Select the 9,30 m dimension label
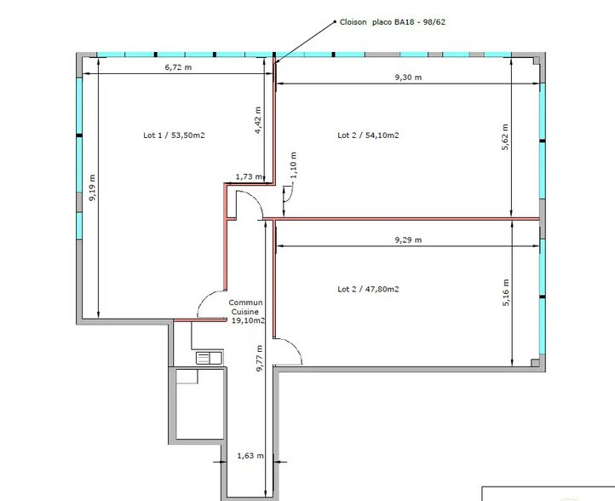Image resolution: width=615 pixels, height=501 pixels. [408, 78]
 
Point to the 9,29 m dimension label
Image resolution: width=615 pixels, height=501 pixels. [408, 241]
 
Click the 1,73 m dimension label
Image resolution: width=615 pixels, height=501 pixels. [249, 176]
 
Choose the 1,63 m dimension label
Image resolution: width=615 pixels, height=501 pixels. [248, 457]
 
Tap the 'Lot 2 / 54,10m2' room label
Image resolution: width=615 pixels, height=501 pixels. [369, 135]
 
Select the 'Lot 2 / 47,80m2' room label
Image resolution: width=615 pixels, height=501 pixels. [369, 289]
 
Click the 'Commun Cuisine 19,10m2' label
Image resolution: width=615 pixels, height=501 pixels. [247, 311]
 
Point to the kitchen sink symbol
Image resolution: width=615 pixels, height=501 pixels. [208, 357]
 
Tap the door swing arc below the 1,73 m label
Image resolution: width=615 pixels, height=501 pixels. [247, 204]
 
